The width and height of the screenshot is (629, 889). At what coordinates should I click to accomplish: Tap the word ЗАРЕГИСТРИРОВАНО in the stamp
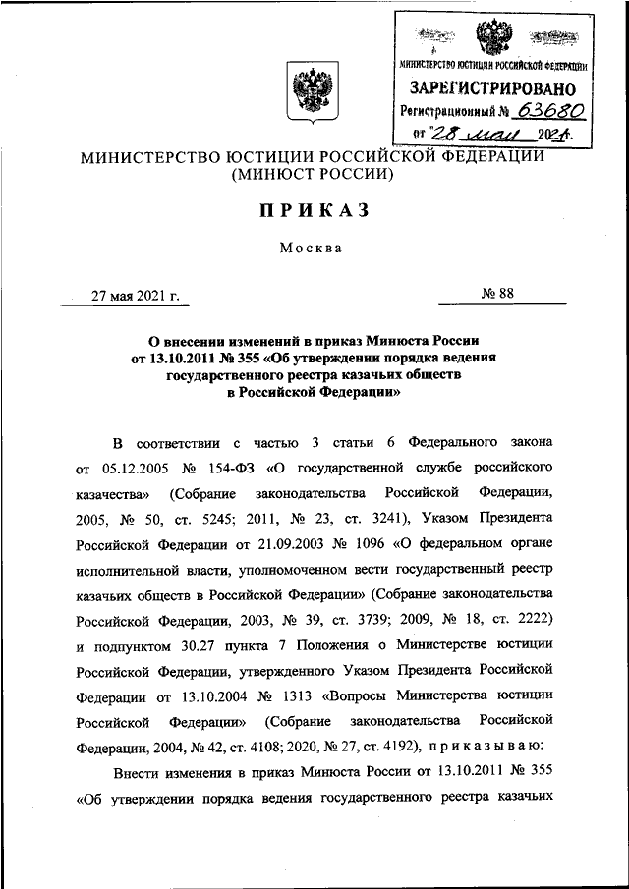coord(491,88)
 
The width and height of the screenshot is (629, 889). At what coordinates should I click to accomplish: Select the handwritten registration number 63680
coord(537,111)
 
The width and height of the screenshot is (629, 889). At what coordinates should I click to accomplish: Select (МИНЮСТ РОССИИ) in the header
coord(312,175)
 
